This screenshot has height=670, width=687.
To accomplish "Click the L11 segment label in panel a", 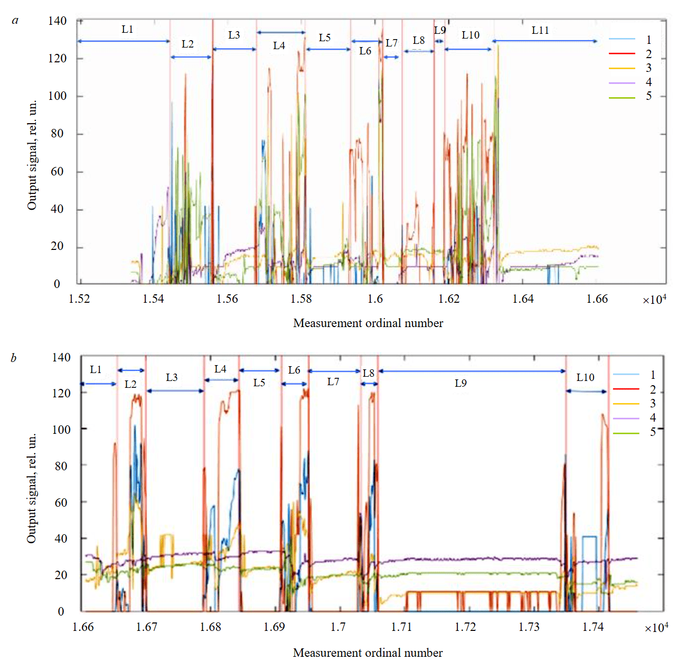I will pyautogui.click(x=540, y=31).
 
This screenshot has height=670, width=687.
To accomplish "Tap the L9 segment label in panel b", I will pyautogui.click(x=460, y=383).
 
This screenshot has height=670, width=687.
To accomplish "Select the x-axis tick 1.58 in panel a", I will pyautogui.click(x=301, y=299).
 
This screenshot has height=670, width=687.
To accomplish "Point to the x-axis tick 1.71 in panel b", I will pyautogui.click(x=401, y=627).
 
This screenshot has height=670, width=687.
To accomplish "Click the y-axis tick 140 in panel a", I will pyautogui.click(x=57, y=21).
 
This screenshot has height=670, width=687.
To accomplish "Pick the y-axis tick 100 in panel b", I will pyautogui.click(x=61, y=430).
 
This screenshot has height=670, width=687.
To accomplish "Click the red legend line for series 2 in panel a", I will pyautogui.click(x=622, y=54).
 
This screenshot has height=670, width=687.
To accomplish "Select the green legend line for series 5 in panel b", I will pyautogui.click(x=626, y=433).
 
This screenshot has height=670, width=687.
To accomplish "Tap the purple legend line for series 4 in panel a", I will pyautogui.click(x=622, y=82).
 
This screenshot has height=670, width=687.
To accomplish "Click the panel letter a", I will pyautogui.click(x=15, y=21).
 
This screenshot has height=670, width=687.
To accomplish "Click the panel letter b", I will pyautogui.click(x=13, y=358).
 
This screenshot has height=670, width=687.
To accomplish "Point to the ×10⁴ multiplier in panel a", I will pyautogui.click(x=654, y=300).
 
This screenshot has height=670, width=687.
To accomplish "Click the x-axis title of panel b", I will pyautogui.click(x=368, y=653).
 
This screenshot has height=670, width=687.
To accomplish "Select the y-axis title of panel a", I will pyautogui.click(x=32, y=155).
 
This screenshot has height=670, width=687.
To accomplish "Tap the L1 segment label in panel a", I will pyautogui.click(x=127, y=30).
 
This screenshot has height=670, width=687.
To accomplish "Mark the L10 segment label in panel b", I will pyautogui.click(x=585, y=378).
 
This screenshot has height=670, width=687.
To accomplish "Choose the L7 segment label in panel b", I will pyautogui.click(x=333, y=382).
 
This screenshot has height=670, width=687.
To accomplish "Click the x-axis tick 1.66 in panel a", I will pyautogui.click(x=597, y=299).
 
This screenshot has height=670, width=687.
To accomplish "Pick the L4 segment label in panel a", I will pyautogui.click(x=279, y=46).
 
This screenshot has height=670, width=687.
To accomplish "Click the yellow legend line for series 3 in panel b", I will pyautogui.click(x=626, y=404).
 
